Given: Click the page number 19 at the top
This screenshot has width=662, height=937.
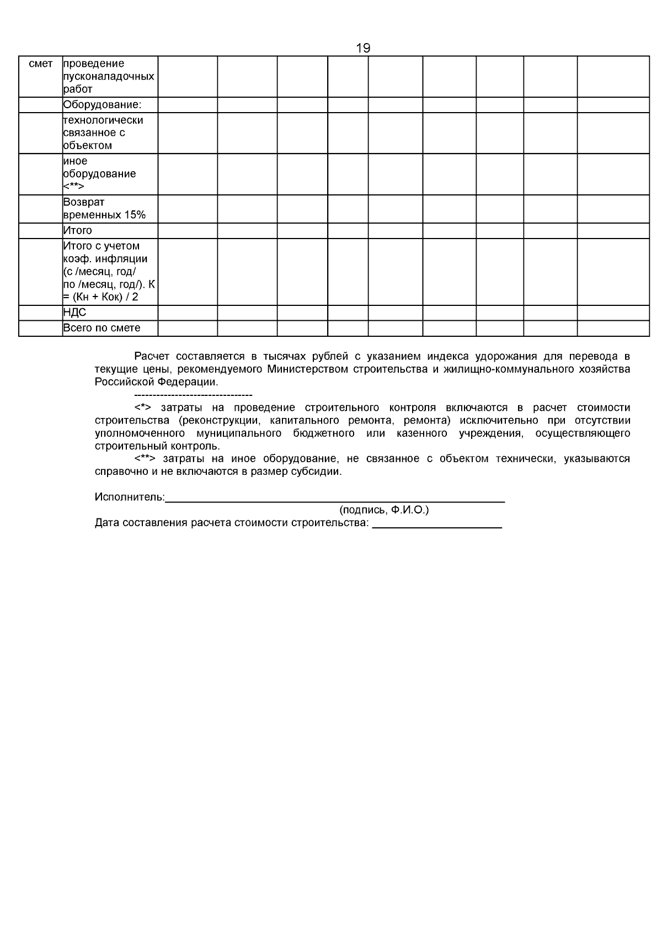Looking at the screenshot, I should click(x=363, y=48).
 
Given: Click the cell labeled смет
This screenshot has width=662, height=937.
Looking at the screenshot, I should click(x=40, y=63).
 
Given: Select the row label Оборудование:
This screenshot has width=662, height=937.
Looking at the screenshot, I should click(x=102, y=105).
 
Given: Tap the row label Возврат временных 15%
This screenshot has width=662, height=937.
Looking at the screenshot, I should click(x=104, y=209).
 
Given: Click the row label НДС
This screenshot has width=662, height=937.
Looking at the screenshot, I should click(x=74, y=313).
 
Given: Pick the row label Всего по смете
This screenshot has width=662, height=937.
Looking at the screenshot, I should click(x=102, y=328).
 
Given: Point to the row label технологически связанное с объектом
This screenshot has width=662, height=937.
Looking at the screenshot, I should click(x=103, y=133).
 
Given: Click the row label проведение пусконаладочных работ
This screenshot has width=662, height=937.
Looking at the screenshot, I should click(x=108, y=76).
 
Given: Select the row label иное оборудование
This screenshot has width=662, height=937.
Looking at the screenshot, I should click(x=99, y=174).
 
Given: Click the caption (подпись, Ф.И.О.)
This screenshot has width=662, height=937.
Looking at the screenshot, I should click(x=384, y=510).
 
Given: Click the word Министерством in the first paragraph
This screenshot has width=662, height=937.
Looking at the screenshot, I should click(x=307, y=369).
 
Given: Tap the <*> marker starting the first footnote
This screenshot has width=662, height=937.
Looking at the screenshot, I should click(x=142, y=407).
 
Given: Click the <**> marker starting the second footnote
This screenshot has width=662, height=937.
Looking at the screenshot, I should click(x=145, y=459).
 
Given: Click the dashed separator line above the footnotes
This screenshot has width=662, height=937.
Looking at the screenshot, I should click(x=193, y=395).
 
